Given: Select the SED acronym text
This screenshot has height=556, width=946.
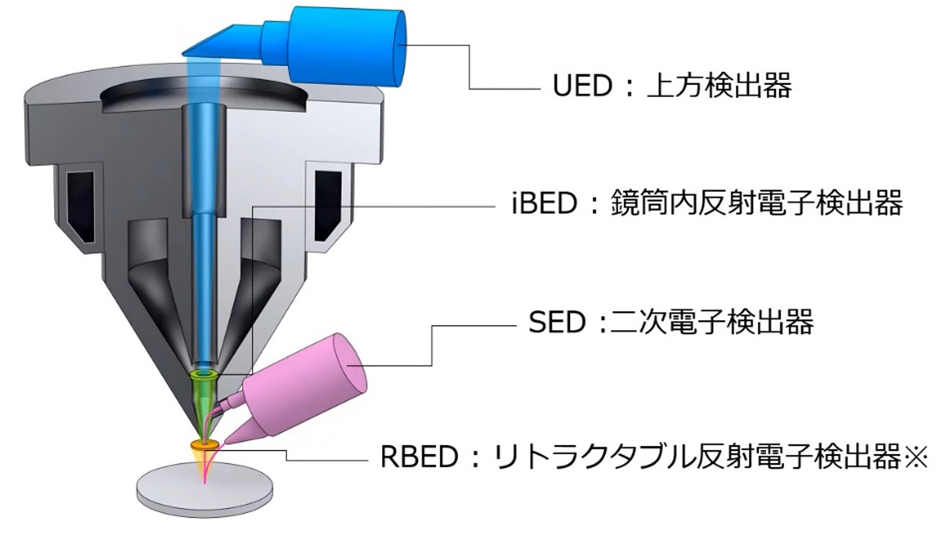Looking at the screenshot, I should click(x=557, y=322).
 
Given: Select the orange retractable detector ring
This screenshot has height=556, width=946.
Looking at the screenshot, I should click(x=205, y=445).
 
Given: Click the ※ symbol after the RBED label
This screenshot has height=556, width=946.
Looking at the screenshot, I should click(x=915, y=457).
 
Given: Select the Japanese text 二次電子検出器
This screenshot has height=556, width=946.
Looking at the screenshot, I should click(x=712, y=322).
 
